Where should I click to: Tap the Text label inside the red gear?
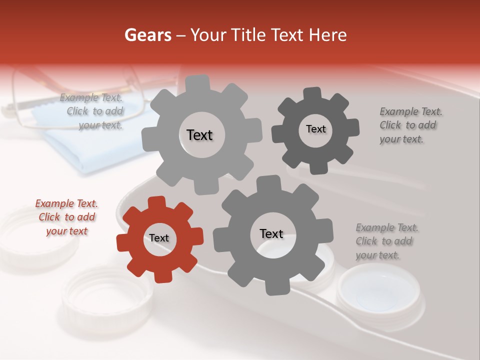[159, 238]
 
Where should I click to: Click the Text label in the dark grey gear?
[315, 129]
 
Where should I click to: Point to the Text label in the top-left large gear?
[199, 135]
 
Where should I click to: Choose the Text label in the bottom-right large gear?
[271, 233]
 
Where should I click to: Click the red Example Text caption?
[66, 217]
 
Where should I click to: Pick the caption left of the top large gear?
[93, 111]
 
